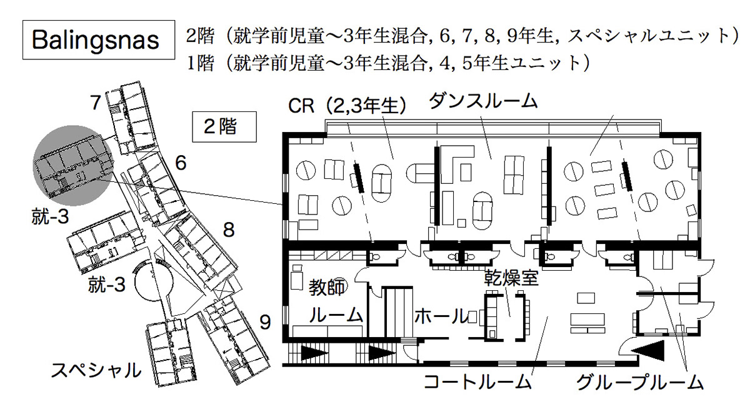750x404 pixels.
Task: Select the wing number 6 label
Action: tap(181, 164)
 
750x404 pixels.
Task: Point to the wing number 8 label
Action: tap(229, 230)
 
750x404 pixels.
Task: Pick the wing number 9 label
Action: tap(266, 323)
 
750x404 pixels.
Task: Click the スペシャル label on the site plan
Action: tap(96, 370)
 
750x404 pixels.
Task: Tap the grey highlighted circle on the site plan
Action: tap(72, 166)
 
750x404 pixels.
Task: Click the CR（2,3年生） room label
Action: tap(347, 106)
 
